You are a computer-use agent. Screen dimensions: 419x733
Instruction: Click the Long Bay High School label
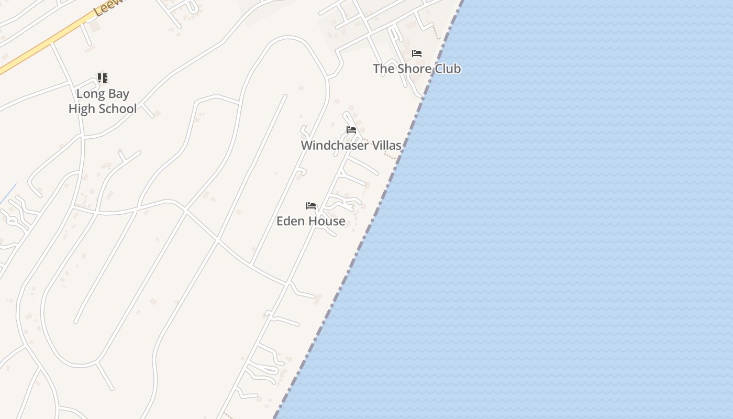(103, 101)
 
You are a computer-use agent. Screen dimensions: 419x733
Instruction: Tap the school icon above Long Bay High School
(103, 78)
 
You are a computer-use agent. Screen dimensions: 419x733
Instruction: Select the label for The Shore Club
(417, 69)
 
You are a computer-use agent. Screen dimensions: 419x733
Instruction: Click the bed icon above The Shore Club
(417, 53)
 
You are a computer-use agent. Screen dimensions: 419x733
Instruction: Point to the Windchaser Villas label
(351, 145)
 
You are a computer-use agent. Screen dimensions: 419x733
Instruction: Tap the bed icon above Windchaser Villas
(351, 130)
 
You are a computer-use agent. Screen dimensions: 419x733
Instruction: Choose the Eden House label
(310, 221)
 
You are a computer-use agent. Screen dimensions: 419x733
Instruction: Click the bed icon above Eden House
(311, 206)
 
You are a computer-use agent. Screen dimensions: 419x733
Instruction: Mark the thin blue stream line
(8, 194)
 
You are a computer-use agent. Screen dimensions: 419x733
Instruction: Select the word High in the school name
(83, 109)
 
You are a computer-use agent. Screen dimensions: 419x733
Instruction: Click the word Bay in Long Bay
(117, 94)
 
